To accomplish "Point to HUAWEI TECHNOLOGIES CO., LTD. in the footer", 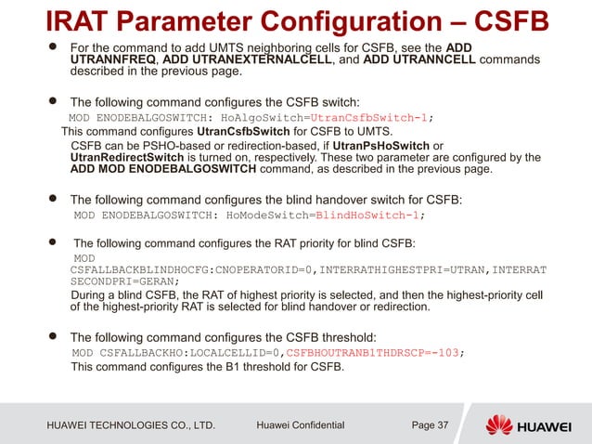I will [131, 425].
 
